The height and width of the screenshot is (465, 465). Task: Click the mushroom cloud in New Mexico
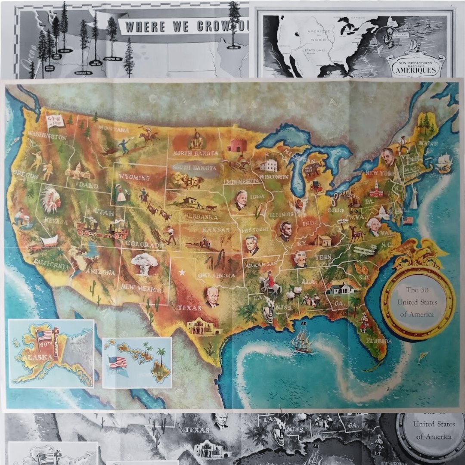click(x=144, y=263)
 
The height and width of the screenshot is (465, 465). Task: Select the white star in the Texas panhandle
click(x=182, y=273)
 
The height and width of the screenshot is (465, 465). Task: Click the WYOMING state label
click(x=135, y=178)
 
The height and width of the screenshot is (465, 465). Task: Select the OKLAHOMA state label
click(x=217, y=275)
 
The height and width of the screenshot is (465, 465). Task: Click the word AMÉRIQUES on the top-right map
click(x=415, y=70)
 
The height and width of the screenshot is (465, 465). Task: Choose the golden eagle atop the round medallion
click(x=418, y=253)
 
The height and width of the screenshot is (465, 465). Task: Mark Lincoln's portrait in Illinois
click(x=285, y=231)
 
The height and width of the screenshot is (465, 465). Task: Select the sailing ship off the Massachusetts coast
click(x=444, y=163)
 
